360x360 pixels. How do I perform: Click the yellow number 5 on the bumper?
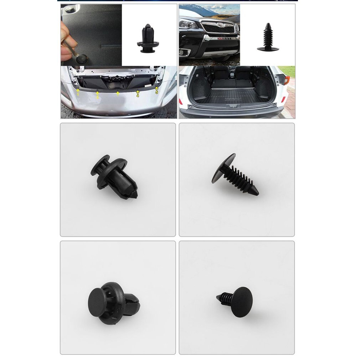click(x=156, y=92)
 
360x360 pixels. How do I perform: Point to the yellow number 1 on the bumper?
click(x=78, y=94)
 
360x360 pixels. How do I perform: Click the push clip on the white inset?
click(x=147, y=38)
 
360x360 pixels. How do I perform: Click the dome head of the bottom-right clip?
click(x=241, y=302)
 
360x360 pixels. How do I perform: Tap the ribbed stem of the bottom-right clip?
click(x=224, y=297)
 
